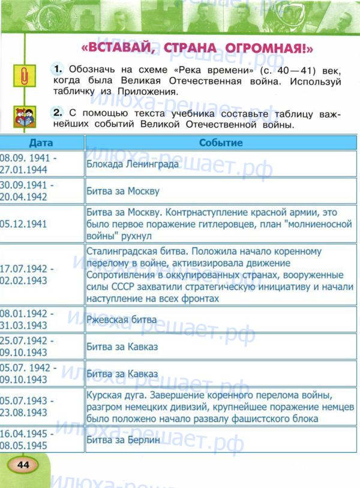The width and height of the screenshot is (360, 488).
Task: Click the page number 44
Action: click(23, 465)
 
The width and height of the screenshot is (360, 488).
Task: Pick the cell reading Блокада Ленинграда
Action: click(132, 164)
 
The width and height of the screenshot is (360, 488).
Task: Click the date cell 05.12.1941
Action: click(25, 223)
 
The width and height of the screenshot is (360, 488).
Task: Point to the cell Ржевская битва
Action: click(122, 320)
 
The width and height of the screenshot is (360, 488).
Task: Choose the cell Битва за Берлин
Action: click(123, 439)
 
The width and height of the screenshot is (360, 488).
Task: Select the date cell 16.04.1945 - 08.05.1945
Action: click(28, 439)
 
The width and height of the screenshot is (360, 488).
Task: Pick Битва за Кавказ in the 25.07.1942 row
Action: click(122, 347)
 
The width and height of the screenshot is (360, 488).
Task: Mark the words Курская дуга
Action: click(114, 396)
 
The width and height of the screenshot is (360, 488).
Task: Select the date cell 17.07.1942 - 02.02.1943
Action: click(28, 274)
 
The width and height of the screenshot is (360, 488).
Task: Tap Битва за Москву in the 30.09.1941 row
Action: click(123, 191)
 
